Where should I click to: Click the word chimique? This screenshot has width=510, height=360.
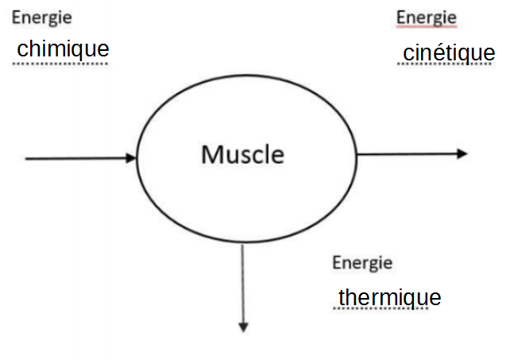(63, 48)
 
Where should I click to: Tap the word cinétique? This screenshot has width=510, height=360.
(449, 53)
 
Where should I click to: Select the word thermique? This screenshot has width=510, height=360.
(389, 297)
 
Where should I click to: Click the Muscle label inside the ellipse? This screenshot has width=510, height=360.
(242, 153)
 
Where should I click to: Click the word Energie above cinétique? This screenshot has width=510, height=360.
(426, 17)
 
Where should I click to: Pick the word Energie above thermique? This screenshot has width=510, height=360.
(362, 263)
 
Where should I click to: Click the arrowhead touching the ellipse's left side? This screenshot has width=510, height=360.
(132, 158)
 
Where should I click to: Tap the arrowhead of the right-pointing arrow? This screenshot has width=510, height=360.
(463, 153)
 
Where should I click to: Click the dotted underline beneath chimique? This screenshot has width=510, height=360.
(61, 64)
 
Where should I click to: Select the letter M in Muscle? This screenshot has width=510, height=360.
(211, 153)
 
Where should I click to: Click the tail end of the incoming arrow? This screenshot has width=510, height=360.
(28, 158)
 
